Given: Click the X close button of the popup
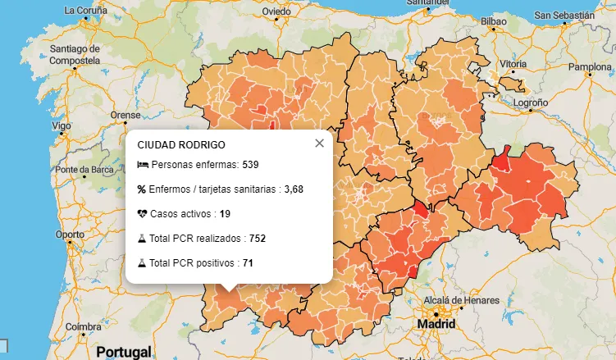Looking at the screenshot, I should pyautogui.click(x=319, y=143).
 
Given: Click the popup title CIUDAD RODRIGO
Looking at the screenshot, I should pyautogui.click(x=181, y=144).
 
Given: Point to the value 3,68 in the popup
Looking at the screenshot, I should pyautogui.click(x=294, y=189).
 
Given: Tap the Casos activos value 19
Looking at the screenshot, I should pyautogui.click(x=225, y=214).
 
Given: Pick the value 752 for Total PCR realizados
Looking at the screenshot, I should pyautogui.click(x=257, y=239).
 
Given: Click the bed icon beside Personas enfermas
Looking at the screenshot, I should pyautogui.click(x=143, y=165).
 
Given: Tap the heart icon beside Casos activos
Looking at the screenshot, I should pyautogui.click(x=143, y=214).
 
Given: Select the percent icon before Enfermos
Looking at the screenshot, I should pyautogui.click(x=142, y=189).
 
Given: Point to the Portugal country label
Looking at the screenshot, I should pyautogui.click(x=124, y=351).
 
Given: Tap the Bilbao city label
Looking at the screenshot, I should pyautogui.click(x=494, y=21).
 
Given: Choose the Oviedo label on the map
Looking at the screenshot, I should pyautogui.click(x=276, y=11).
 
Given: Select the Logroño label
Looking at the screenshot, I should pyautogui.click(x=531, y=103).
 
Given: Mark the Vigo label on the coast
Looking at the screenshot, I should pyautogui.click(x=61, y=126).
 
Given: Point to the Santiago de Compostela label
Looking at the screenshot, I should pyautogui.click(x=74, y=54).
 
